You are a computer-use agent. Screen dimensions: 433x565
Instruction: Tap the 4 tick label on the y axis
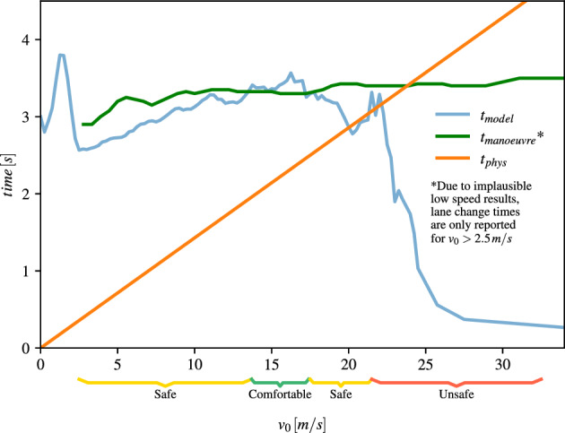pyautogui.click(x=27, y=40)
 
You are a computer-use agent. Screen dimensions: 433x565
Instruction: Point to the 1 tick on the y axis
pyautogui.click(x=27, y=271)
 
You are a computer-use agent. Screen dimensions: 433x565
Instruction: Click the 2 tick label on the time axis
pyautogui.click(x=27, y=195)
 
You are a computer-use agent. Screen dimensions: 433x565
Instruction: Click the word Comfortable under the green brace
pyautogui.click(x=280, y=394)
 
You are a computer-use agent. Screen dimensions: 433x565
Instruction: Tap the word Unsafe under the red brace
pyautogui.click(x=456, y=394)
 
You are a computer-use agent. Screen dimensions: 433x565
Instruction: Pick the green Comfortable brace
pyautogui.click(x=280, y=382)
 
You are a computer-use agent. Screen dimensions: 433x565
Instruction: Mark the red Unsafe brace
pyautogui.click(x=456, y=383)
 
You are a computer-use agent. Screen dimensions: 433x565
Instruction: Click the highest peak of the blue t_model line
pyautogui.click(x=61, y=55)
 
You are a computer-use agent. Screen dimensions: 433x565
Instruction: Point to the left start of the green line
pyautogui.click(x=83, y=125)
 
